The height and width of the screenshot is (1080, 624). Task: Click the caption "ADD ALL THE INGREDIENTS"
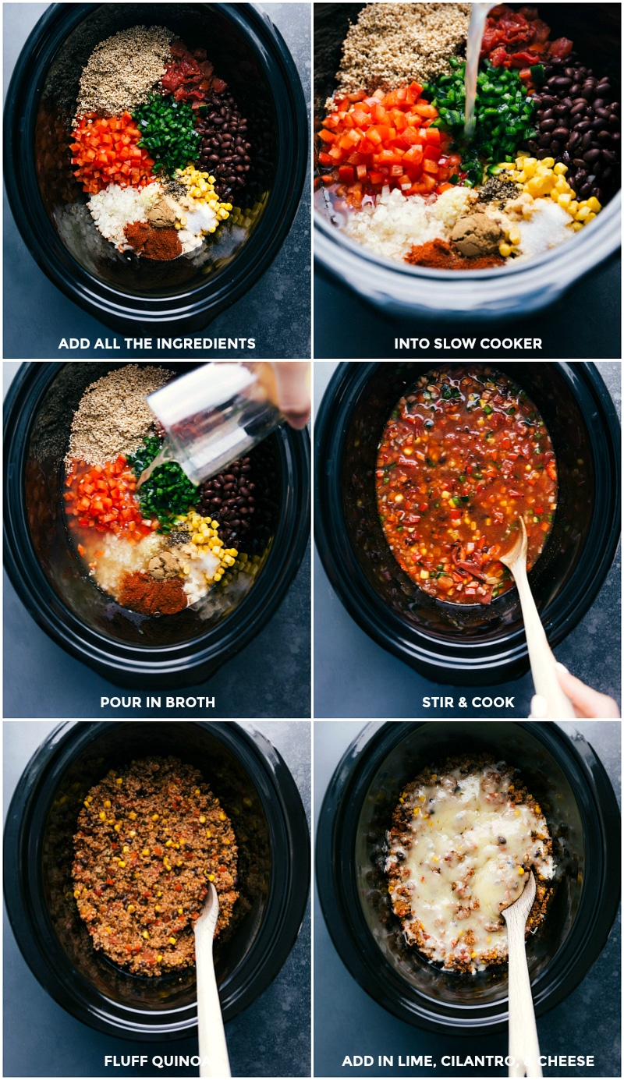coord(157,343)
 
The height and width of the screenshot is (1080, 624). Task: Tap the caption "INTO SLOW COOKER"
coord(467,343)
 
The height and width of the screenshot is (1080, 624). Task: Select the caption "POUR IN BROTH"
coord(157,702)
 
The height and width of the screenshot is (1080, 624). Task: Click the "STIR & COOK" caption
coord(468,702)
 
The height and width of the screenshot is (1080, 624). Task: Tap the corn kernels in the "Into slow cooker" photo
coord(550,183)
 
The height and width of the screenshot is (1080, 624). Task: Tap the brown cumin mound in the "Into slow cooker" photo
coord(476,232)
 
